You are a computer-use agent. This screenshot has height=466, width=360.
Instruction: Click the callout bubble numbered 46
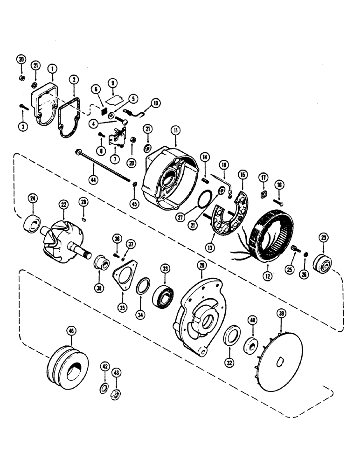(x=71, y=331)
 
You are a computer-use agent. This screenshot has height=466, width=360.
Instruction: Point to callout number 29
(x=201, y=265)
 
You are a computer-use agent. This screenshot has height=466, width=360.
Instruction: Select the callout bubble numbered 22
(x=63, y=205)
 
